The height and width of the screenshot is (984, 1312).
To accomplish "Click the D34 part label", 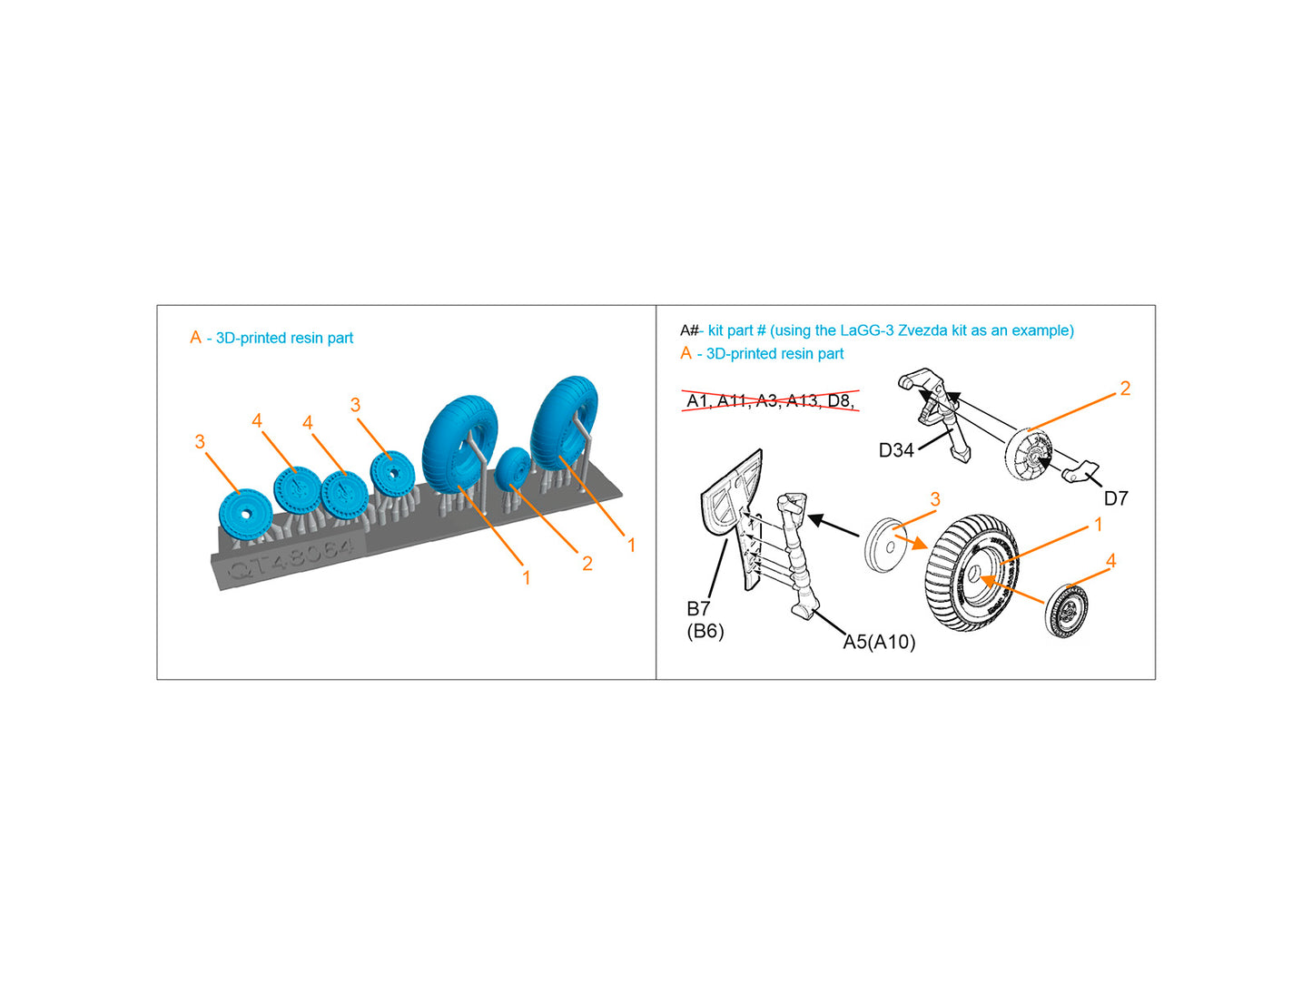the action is [x=895, y=450].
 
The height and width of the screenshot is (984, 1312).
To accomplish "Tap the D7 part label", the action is [x=1115, y=497].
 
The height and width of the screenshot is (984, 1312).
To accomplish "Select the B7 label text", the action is [x=698, y=608].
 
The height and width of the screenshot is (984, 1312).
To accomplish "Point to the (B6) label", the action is [x=705, y=631].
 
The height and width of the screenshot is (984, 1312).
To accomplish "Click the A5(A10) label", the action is [x=879, y=642].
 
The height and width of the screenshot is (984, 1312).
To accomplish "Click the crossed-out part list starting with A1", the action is [x=770, y=400].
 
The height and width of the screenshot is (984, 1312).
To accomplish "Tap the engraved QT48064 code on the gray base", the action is [x=291, y=556].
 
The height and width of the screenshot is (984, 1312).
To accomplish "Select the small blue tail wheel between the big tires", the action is [x=513, y=467].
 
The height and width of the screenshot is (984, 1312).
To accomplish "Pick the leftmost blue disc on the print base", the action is [x=246, y=514].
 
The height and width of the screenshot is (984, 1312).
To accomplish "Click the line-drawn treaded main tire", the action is [x=972, y=572].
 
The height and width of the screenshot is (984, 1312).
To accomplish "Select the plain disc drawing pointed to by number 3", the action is [x=885, y=545].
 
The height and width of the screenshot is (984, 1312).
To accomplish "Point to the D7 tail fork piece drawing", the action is [x=1080, y=471].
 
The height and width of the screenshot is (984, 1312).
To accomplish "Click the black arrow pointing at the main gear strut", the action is [x=834, y=526].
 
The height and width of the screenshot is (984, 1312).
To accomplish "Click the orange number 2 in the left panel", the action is [x=587, y=563].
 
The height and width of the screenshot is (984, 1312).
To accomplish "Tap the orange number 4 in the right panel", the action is [x=1110, y=560].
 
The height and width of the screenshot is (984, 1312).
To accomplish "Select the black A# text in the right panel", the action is [x=689, y=330].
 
